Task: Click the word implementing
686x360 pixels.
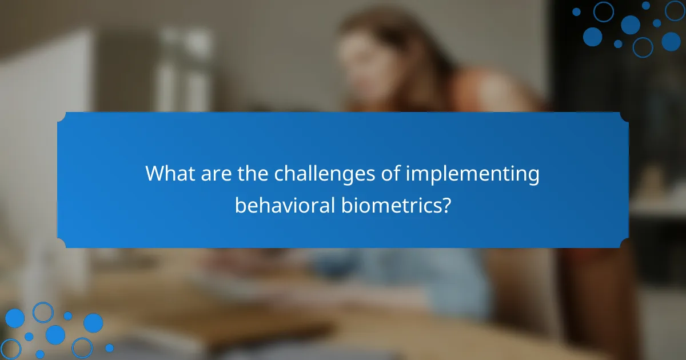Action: (x=473, y=174)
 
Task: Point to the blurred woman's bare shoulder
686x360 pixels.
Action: (x=486, y=91)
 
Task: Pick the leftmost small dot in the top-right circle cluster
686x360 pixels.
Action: (x=576, y=11)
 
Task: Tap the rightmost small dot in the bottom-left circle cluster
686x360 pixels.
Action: (x=109, y=347)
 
